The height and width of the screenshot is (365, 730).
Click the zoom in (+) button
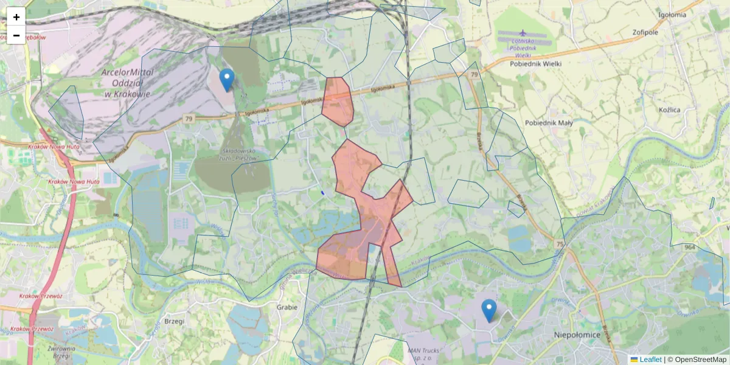click(x=16, y=17)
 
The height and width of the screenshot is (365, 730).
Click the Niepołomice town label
click(x=577, y=335)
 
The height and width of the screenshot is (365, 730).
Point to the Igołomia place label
click(x=672, y=15)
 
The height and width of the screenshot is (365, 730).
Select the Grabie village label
click(x=287, y=307)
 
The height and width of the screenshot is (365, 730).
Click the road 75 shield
click(x=559, y=244)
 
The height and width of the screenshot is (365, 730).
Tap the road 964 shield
click(x=689, y=247)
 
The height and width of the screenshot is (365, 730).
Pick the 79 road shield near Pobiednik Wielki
click(x=473, y=74)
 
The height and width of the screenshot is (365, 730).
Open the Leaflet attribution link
click(x=650, y=360)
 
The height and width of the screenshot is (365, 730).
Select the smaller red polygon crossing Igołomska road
click(x=338, y=101)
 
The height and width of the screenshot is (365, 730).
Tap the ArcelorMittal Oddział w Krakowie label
click(x=127, y=83)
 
